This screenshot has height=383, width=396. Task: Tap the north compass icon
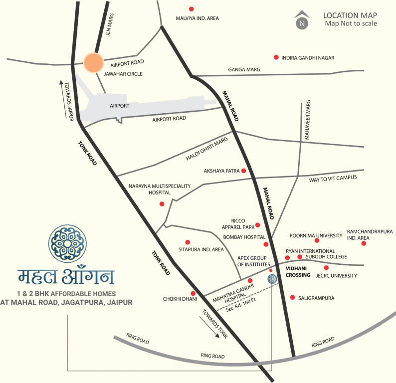[x=301, y=20]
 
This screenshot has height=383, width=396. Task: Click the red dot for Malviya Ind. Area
[x=191, y=9]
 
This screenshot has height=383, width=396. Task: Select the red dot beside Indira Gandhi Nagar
[x=276, y=58]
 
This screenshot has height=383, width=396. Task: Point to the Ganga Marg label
[x=244, y=69]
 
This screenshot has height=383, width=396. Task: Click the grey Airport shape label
[x=119, y=106]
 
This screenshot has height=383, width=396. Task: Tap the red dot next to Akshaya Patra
[x=244, y=171]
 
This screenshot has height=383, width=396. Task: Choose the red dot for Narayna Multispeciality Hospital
[x=161, y=204]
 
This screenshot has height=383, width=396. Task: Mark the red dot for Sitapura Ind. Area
[x=188, y=242]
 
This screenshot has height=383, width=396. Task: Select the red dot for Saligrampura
[x=292, y=297]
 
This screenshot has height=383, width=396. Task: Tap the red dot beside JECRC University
[x=326, y=268]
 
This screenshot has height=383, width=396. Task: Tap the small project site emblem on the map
[x=272, y=279]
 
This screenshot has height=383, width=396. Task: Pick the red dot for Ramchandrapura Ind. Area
[x=364, y=243]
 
